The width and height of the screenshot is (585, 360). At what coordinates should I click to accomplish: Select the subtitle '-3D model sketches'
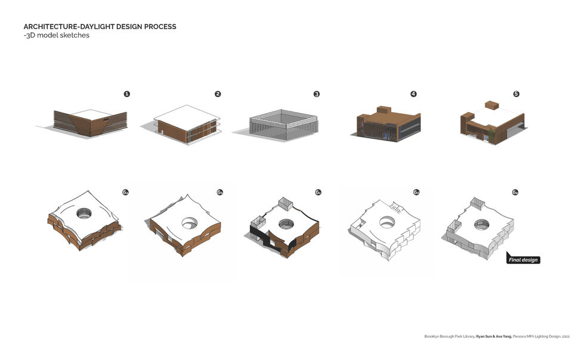point(56,35)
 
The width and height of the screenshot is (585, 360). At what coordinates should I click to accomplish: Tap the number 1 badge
point(126,94)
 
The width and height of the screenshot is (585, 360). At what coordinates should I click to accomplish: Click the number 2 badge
point(218,94)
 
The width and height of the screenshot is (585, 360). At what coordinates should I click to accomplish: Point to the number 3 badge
point(317,94)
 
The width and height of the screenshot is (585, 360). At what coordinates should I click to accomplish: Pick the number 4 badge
point(413,94)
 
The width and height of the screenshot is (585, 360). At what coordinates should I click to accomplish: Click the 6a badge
point(125,193)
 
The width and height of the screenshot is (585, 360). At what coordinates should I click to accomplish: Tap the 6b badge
point(220,193)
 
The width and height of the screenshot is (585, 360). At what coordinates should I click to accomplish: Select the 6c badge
point(318,193)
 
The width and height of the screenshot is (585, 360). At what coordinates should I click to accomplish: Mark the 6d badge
point(416,193)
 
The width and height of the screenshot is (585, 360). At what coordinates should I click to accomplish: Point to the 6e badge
point(515,193)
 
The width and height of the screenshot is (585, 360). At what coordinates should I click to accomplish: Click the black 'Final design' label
point(524,259)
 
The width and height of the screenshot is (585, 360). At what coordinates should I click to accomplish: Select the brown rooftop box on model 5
point(491,105)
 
